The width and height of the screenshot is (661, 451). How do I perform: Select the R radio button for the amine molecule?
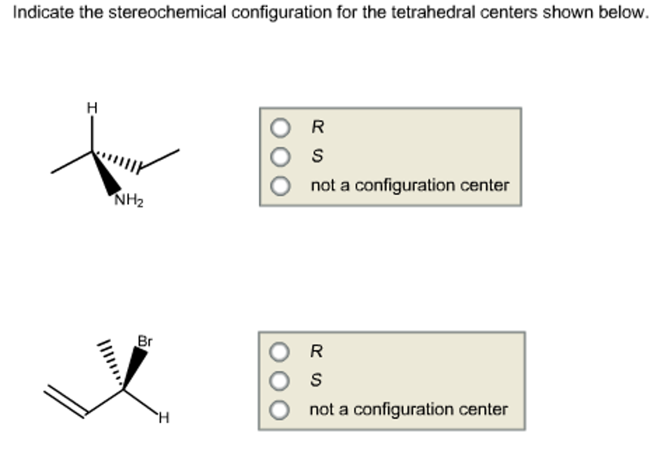pyautogui.click(x=280, y=128)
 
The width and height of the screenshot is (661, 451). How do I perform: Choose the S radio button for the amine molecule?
pyautogui.click(x=280, y=157)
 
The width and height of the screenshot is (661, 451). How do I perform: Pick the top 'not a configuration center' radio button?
pyautogui.click(x=280, y=186)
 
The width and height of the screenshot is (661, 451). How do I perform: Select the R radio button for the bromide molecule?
pyautogui.click(x=279, y=352)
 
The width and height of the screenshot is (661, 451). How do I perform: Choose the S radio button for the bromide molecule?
pyautogui.click(x=279, y=381)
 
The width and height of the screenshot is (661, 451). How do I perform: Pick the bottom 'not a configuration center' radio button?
pyautogui.click(x=279, y=410)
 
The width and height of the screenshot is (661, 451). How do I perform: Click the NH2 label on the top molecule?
pyautogui.click(x=129, y=201)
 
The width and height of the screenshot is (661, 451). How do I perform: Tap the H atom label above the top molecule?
pyautogui.click(x=92, y=109)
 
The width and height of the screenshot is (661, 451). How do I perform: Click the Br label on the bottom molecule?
pyautogui.click(x=145, y=341)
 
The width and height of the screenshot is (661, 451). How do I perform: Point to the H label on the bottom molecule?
pyautogui.click(x=164, y=419)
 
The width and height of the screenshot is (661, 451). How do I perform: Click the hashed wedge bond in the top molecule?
pyautogui.click(x=119, y=162)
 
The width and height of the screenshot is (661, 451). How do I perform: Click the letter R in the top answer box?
pyautogui.click(x=317, y=128)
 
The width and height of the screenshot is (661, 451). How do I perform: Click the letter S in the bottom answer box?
pyautogui.click(x=316, y=381)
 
